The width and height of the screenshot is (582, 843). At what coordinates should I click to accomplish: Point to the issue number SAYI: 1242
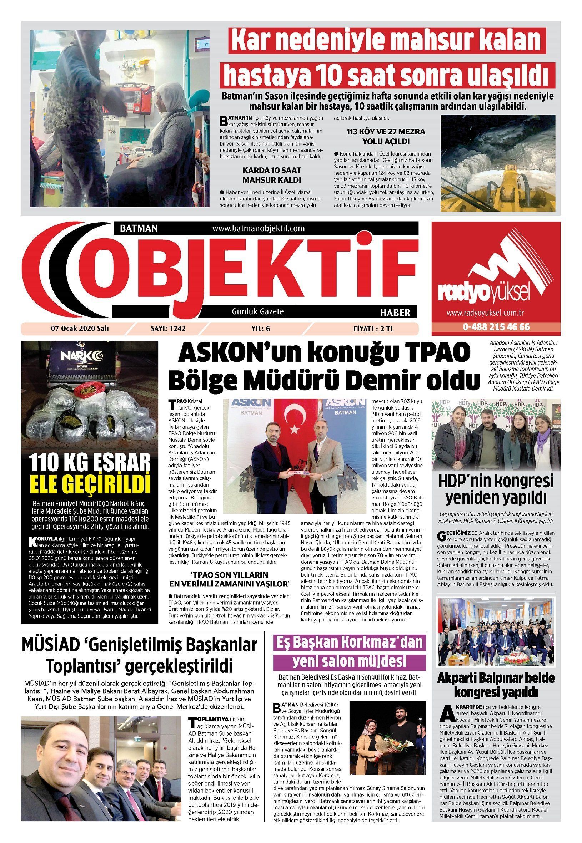tap(168, 329)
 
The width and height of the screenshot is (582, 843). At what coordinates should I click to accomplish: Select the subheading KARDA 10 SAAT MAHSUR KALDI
tap(272, 175)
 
